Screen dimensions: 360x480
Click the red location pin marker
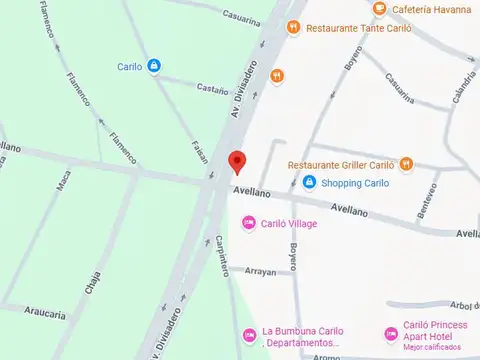click(x=236, y=161)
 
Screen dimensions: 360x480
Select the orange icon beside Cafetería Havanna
click(x=379, y=9)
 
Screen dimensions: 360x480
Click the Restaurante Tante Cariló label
click(x=346, y=28)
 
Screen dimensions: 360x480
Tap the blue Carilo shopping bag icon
click(x=153, y=67)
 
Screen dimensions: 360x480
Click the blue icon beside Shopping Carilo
click(x=310, y=183)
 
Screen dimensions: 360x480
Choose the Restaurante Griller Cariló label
click(x=341, y=165)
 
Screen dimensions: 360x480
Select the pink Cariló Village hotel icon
click(x=248, y=223)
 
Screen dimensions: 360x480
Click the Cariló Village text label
click(x=289, y=224)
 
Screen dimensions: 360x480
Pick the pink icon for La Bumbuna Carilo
click(x=248, y=334)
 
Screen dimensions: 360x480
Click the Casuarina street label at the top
click(x=244, y=14)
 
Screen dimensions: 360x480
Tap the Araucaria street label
click(x=46, y=314)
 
